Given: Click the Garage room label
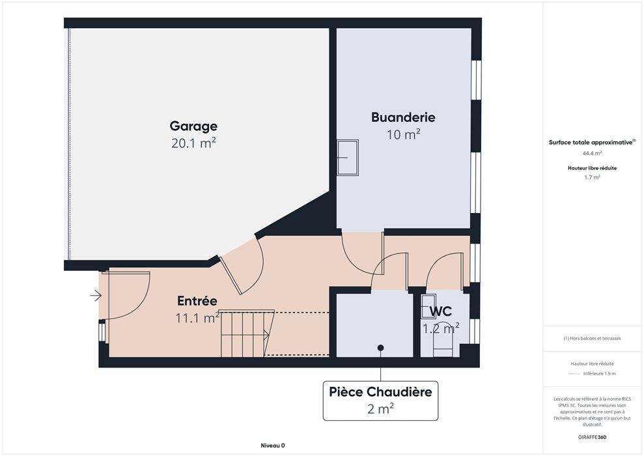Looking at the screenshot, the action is (x=193, y=126).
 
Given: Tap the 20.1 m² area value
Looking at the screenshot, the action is (x=193, y=143).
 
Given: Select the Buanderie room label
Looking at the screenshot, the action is (x=403, y=117).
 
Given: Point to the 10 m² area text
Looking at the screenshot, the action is (x=403, y=134).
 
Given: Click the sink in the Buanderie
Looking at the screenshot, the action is (x=348, y=158).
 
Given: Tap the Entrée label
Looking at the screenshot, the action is (x=197, y=301).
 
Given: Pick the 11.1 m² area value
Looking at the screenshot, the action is (x=197, y=317).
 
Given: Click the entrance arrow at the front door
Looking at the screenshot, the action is (x=96, y=295).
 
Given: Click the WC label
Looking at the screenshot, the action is (x=440, y=311).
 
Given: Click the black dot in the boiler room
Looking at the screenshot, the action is (x=381, y=348).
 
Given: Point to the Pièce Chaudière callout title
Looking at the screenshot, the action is (x=380, y=392).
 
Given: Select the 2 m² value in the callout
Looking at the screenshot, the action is (x=380, y=408).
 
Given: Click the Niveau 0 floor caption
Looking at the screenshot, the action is (x=273, y=446).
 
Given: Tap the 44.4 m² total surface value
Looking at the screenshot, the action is (x=593, y=153).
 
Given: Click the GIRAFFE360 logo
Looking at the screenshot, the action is (x=592, y=437).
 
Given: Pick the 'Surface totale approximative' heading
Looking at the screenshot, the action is (x=592, y=143).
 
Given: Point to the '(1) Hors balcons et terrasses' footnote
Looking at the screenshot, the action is (x=592, y=339).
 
